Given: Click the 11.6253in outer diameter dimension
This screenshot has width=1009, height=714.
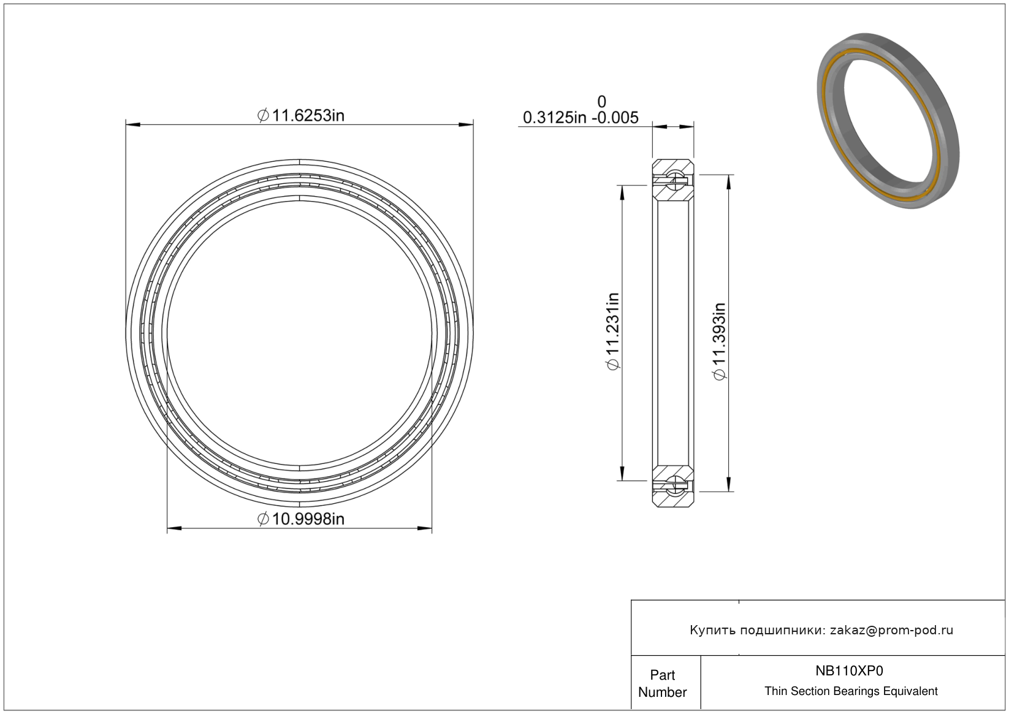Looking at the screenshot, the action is tap(300, 116).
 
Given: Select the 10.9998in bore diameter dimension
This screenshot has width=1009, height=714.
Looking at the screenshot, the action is tap(300, 519).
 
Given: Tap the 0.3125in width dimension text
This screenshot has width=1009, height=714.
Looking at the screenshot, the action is tap(555, 118).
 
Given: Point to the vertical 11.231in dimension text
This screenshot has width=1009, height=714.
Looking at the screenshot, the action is tap(613, 331).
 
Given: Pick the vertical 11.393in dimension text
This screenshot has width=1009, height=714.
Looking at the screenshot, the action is tap(720, 341).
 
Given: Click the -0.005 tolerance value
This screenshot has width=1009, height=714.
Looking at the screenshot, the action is tap(615, 118).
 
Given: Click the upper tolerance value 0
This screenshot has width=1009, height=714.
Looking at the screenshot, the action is tap(601, 101).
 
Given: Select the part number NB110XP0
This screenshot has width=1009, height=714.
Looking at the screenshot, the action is tap(849, 670).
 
